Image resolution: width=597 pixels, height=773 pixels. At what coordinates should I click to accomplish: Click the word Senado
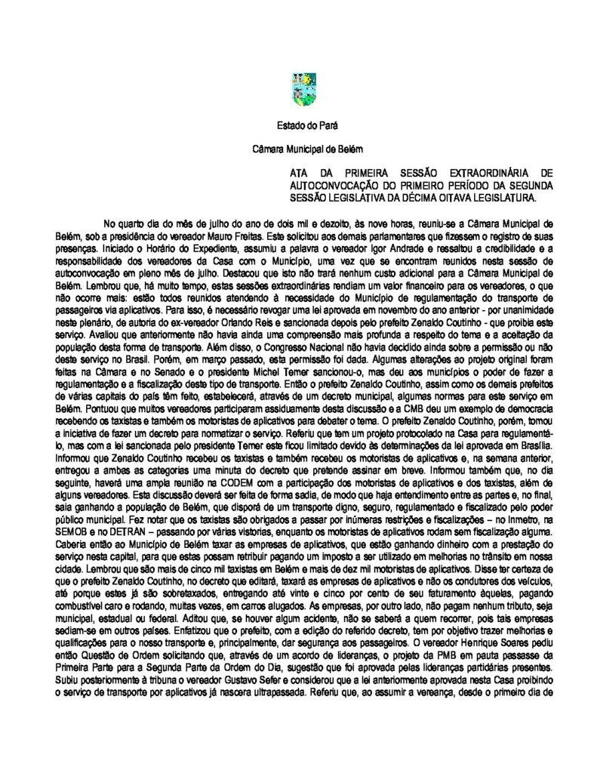click(x=166, y=372)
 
